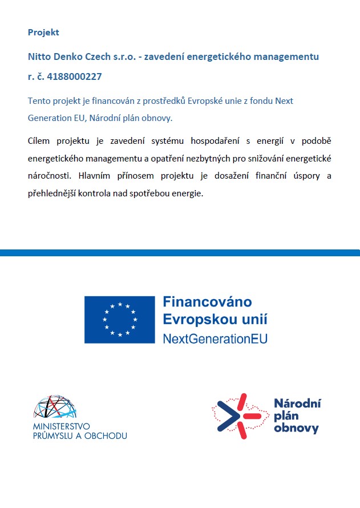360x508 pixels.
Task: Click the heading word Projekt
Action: click(x=43, y=33)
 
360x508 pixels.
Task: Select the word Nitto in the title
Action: click(x=38, y=57)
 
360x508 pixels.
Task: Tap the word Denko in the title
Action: click(x=66, y=57)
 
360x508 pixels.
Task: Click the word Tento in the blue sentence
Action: click(x=39, y=100)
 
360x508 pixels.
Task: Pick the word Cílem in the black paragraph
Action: click(x=39, y=140)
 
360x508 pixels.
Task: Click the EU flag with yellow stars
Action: click(x=120, y=320)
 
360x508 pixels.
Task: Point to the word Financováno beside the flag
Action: click(x=207, y=302)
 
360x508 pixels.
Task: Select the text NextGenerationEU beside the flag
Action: click(x=215, y=338)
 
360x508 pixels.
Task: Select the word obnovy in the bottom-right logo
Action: click(x=296, y=428)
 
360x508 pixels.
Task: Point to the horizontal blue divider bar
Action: click(x=180, y=252)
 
